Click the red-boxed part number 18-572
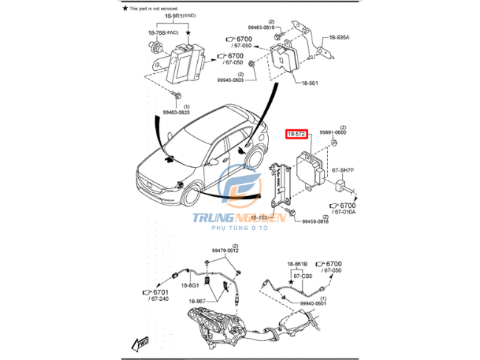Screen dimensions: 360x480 (296, 134)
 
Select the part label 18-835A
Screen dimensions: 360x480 (340, 38)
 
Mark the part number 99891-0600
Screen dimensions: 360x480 (332, 132)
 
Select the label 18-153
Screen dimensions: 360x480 (258, 218)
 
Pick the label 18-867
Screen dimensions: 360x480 (197, 301)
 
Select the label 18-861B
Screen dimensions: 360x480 (297, 264)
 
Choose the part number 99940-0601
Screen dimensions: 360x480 (312, 302)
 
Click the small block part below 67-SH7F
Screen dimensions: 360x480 (343, 183)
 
